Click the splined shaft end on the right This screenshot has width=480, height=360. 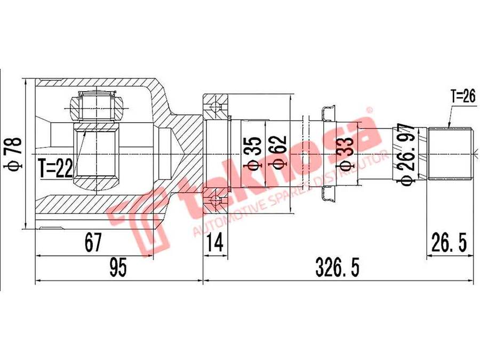click(451, 154)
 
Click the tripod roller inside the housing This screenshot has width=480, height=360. click(96, 106)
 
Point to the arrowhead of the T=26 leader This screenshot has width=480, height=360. click(449, 126)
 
